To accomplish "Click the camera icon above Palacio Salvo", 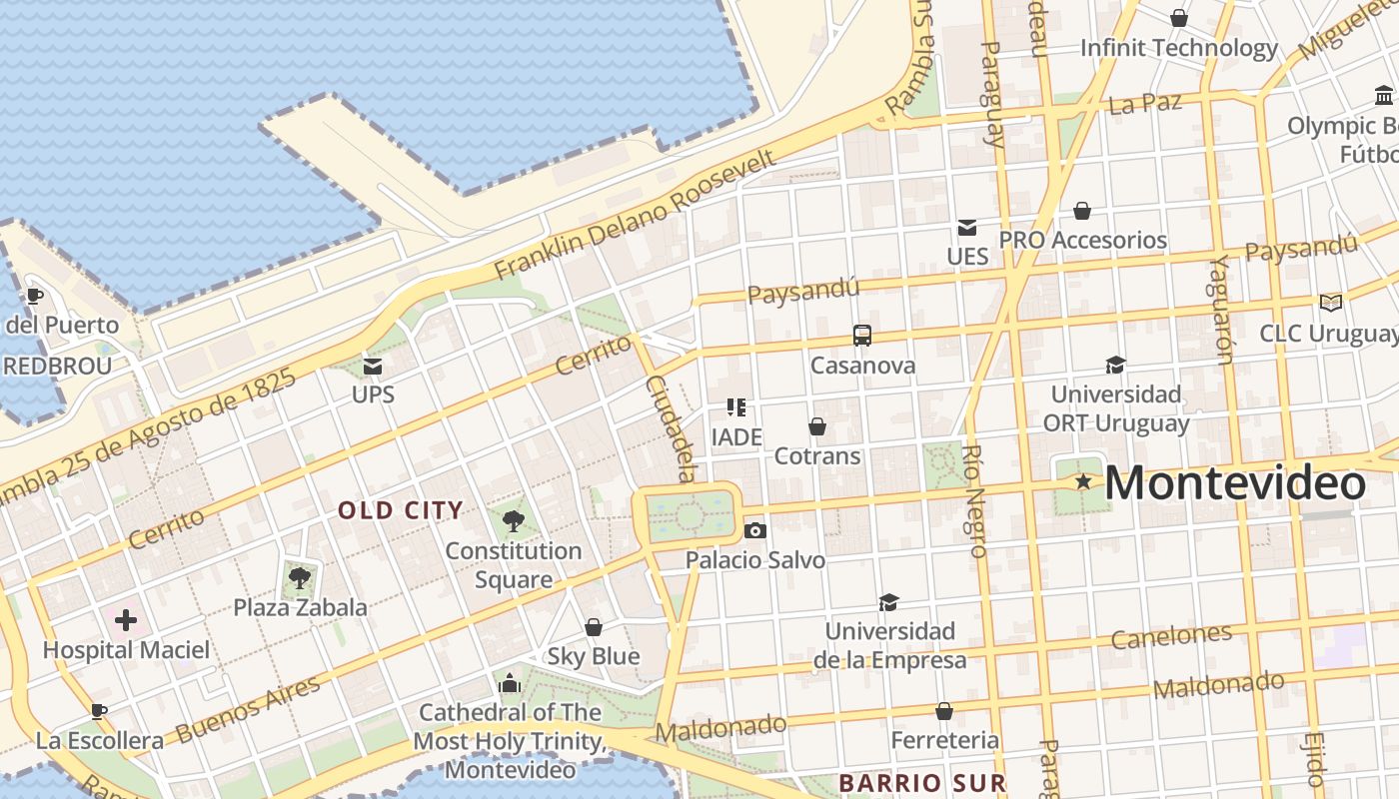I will pos(755,530).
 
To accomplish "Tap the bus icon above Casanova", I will pos(861,336).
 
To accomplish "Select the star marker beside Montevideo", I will pos(1083,482).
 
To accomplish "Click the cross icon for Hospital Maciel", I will pos(126,620).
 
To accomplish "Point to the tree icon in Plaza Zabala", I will pos(299,577).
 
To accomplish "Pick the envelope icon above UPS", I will pos(373,367).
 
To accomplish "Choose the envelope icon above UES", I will pos(967,228).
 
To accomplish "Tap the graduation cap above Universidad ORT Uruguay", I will pos(1115,366).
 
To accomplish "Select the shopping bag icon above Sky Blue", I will pos(594,627).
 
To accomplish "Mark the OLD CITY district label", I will pos(401,510).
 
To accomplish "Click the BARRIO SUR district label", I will pos(921,782).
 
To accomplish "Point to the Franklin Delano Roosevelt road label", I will pos(635,215).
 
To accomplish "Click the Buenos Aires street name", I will pos(249,709).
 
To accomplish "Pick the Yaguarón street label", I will pos(1221,309).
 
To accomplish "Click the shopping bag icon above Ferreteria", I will pos(943,711).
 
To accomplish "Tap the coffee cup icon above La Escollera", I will pos(98,711).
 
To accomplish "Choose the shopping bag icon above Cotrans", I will pos(817,426).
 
